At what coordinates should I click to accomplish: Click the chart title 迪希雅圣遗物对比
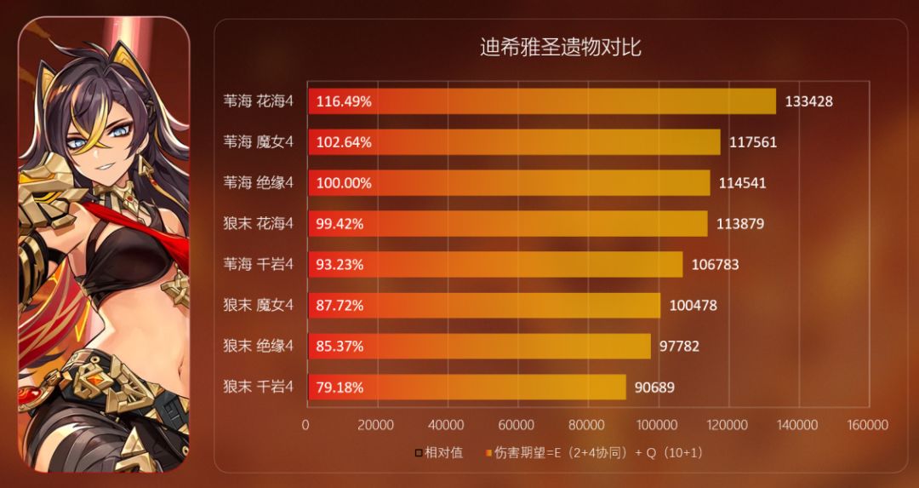point(560,48)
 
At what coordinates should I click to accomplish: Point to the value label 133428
point(808,101)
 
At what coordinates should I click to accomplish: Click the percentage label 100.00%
point(344,183)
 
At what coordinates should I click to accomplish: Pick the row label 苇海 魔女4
point(258,142)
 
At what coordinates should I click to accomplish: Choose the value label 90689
point(654,388)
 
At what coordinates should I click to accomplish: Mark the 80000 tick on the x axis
point(586,424)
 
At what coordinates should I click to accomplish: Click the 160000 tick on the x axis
point(867,424)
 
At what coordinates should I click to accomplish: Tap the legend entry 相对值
point(440,453)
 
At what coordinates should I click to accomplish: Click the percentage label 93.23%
point(340,265)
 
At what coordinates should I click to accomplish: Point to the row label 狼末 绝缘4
point(258,346)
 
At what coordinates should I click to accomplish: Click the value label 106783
point(715,265)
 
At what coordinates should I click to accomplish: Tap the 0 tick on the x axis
point(305,424)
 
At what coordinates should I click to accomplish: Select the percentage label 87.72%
point(340,306)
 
